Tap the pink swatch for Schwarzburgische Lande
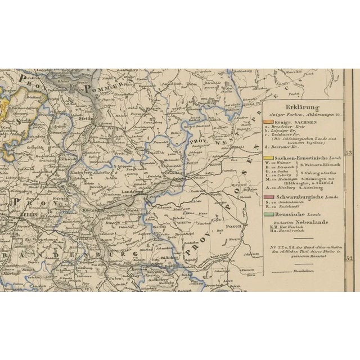267,196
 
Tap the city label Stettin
85,119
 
